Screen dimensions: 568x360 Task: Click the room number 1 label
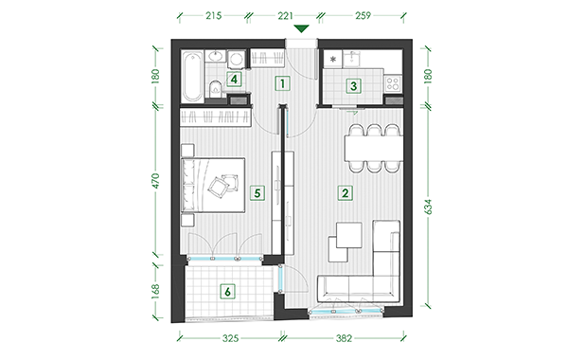[x=282, y=83]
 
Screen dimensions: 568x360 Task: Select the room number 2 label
[x=345, y=193]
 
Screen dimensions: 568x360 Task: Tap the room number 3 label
[x=353, y=86]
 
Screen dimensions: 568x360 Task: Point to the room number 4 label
[x=234, y=79]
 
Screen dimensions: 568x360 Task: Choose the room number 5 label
[x=257, y=193]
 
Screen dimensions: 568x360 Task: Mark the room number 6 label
[x=227, y=292]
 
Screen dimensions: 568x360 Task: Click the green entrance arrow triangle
[x=301, y=28]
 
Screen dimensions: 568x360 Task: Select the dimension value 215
[x=213, y=15]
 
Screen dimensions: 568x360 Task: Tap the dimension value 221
[x=285, y=15]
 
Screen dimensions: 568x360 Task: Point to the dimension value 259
[x=363, y=15]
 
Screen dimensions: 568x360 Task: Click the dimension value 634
[x=428, y=207]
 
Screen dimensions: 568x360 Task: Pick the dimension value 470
[x=155, y=181]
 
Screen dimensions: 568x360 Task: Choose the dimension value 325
[x=230, y=338]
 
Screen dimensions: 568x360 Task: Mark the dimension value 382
[x=344, y=338]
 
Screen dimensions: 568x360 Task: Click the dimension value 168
[x=155, y=291]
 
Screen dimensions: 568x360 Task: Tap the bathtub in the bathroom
[x=192, y=77]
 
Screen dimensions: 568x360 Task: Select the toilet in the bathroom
[x=215, y=89]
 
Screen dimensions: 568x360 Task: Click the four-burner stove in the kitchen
[x=393, y=83]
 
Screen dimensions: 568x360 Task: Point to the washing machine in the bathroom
[x=236, y=59]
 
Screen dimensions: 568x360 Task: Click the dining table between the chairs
[x=374, y=148]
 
